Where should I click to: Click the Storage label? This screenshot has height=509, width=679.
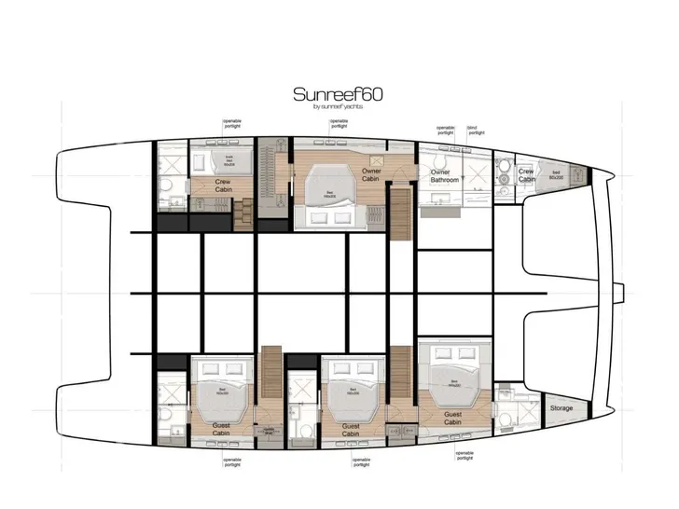click(561, 408)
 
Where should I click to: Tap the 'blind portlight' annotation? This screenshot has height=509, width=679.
click(476, 131)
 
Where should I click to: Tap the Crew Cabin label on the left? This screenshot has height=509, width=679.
click(223, 186)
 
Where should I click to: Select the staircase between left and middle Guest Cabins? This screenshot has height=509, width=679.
click(271, 373)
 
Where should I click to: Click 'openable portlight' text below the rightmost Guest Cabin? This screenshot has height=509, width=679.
click(464, 455)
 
